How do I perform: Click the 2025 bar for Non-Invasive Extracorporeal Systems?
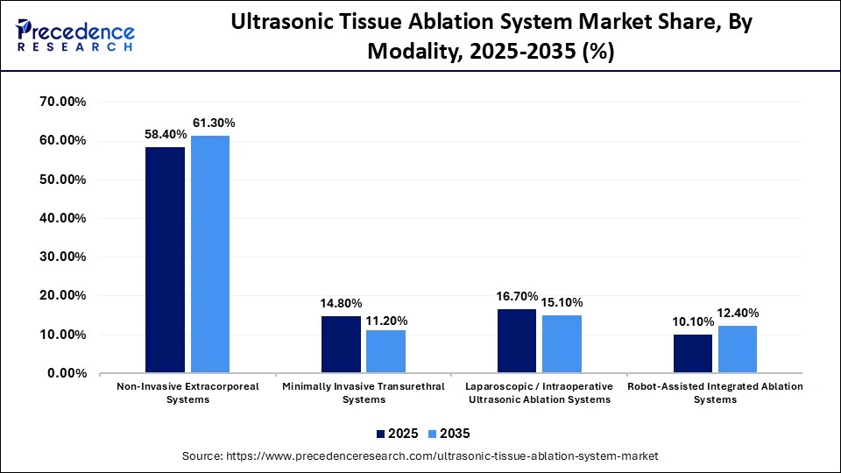point(165,260)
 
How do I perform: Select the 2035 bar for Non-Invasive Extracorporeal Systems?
point(209,254)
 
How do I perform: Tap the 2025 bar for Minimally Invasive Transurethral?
point(341,344)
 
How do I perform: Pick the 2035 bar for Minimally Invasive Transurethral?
point(385,351)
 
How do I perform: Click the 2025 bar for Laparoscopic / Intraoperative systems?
point(517,341)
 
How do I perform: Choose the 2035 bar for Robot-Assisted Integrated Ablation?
point(737,349)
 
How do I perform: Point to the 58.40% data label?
point(165,135)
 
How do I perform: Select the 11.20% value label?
point(387,321)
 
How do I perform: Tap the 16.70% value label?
point(517,297)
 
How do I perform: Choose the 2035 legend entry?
point(448,434)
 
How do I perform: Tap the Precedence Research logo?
point(75,35)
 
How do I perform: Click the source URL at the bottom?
point(420,456)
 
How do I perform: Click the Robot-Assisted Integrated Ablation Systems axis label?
point(715,392)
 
